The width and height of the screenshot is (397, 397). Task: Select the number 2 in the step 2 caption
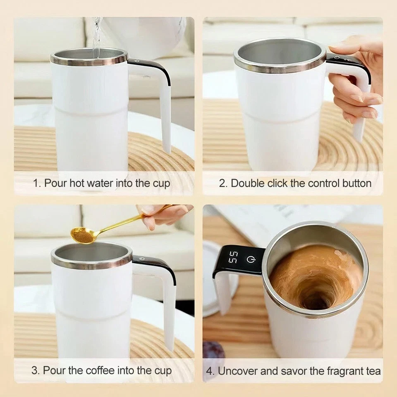pyautogui.click(x=222, y=183)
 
